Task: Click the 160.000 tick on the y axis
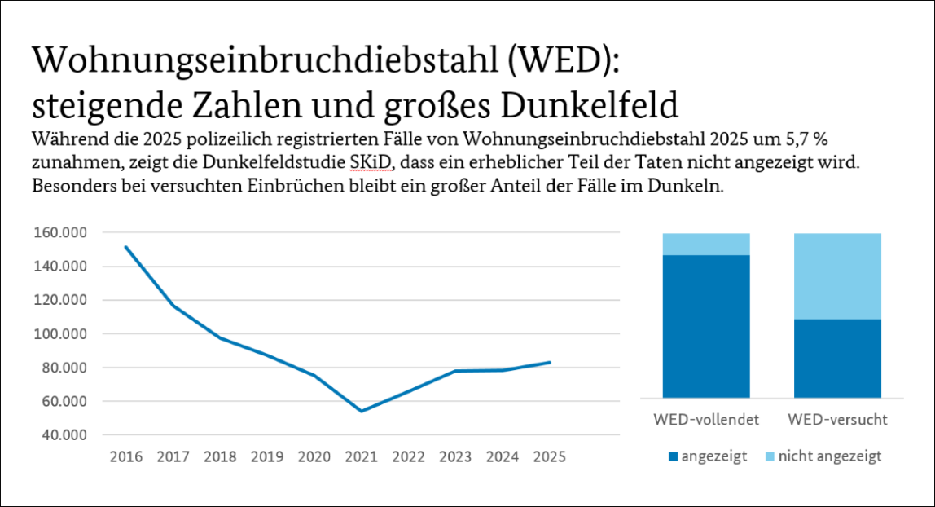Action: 62,232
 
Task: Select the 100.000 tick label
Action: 62,333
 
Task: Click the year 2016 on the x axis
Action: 125,456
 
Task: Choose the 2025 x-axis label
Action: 549,456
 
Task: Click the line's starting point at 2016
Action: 125,246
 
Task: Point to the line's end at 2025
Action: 550,363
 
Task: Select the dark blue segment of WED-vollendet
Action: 706,326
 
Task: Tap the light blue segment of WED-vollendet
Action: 706,244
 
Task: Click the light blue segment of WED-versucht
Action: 837,276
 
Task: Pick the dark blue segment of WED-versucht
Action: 837,358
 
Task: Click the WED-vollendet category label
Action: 706,420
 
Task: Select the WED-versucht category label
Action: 837,420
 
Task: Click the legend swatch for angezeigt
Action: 672,457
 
